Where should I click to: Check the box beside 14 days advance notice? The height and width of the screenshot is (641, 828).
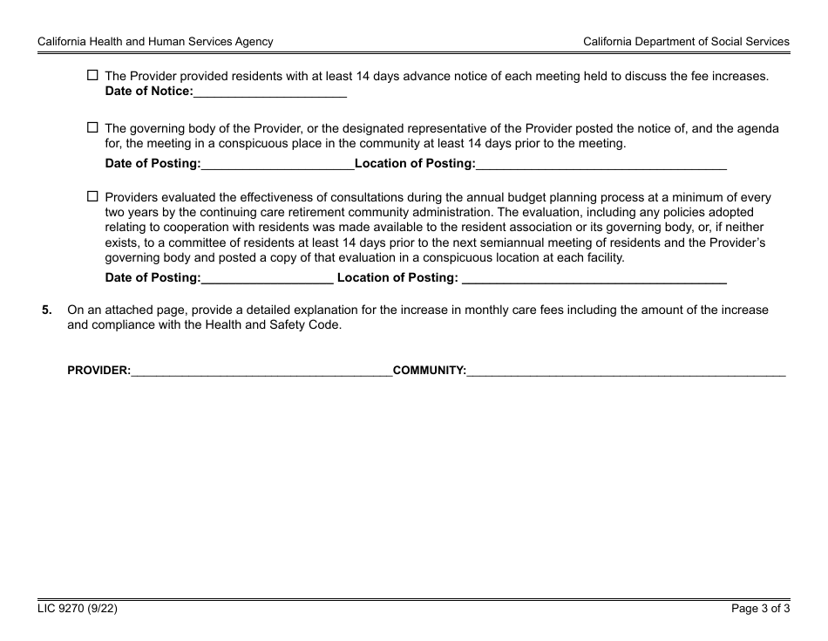tap(93, 76)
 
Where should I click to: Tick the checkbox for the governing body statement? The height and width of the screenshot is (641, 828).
tap(93, 127)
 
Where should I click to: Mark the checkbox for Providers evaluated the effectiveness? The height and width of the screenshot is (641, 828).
tap(93, 197)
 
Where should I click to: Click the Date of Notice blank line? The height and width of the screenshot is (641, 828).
tap(270, 92)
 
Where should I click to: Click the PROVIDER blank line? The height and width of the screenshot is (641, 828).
tap(261, 371)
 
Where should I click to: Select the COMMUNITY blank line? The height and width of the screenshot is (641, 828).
tap(626, 371)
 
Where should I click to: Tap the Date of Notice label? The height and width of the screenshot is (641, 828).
tap(149, 91)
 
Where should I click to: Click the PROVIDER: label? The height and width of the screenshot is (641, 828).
tap(99, 371)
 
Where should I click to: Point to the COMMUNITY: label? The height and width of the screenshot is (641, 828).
tap(430, 371)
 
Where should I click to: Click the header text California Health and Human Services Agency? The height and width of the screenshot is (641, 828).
tap(155, 41)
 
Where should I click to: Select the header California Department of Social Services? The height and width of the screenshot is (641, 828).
tap(686, 41)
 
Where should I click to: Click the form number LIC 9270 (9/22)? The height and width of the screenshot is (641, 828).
tap(78, 610)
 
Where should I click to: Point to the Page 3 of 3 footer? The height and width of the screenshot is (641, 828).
tap(760, 610)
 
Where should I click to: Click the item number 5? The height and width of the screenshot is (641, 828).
tap(47, 310)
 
